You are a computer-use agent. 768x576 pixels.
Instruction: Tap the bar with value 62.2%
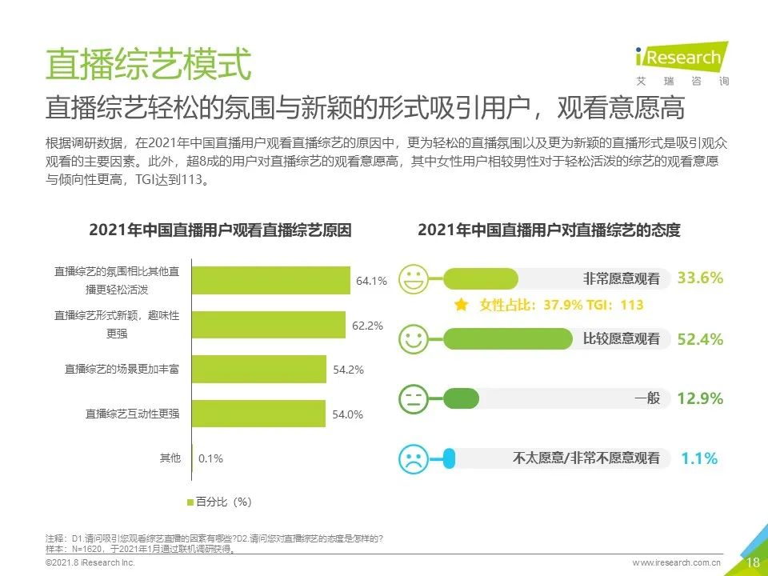click(x=270, y=325)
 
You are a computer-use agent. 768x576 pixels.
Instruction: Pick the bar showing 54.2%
click(x=261, y=369)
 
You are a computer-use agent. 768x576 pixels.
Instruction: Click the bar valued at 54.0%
click(x=261, y=414)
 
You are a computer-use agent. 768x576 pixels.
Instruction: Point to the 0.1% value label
click(x=210, y=458)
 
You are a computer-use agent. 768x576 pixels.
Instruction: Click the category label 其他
click(x=170, y=458)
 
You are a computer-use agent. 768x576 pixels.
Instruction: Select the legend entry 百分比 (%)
click(x=219, y=502)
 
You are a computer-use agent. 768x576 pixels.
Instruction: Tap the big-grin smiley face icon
click(x=414, y=279)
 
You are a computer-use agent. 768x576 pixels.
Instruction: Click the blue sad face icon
click(x=414, y=458)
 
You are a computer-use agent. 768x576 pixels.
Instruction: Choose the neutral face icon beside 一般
click(x=414, y=398)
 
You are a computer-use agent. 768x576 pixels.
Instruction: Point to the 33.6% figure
click(x=700, y=278)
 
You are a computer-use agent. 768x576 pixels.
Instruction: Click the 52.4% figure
click(x=700, y=339)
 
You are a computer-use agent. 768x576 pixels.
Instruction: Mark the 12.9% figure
click(x=700, y=398)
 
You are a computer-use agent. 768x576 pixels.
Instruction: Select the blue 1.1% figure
click(x=699, y=458)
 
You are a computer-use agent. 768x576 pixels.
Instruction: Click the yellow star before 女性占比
click(x=461, y=305)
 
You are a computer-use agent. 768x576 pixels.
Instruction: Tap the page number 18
click(x=752, y=562)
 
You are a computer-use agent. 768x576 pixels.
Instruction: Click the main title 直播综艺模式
click(x=149, y=64)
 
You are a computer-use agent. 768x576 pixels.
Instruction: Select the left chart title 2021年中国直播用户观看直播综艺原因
click(x=220, y=230)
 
